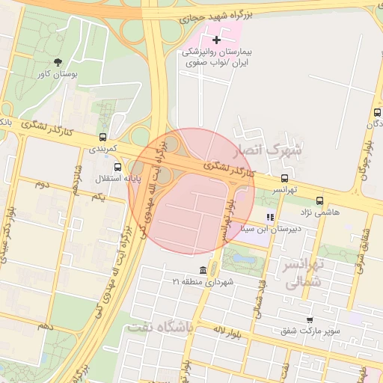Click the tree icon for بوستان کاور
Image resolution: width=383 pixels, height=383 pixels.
(x=58, y=63)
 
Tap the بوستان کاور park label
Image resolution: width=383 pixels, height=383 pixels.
(x=58, y=75)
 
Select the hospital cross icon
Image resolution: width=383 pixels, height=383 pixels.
(x=217, y=40)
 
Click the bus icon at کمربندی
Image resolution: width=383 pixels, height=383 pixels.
(x=102, y=137)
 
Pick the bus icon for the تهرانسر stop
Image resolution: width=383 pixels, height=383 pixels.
(x=284, y=178)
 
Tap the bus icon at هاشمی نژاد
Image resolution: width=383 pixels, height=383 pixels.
(x=320, y=200)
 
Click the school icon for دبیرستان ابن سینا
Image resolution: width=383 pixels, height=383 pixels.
(x=271, y=217)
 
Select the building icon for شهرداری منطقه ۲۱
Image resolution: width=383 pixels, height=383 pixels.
(x=203, y=270)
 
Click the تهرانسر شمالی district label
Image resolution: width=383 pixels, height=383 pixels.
(x=304, y=274)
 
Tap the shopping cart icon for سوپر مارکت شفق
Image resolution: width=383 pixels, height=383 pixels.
(x=310, y=319)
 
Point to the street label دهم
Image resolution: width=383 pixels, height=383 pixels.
(x=46, y=327)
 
